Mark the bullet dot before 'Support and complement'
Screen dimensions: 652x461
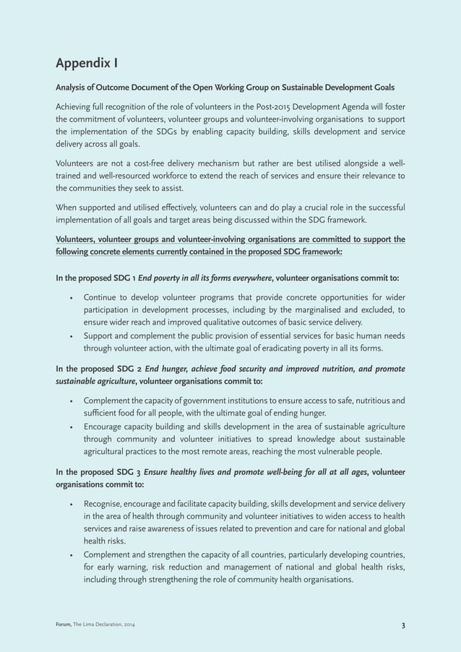click(70, 335)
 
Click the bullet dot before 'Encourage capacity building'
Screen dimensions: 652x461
click(70, 426)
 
